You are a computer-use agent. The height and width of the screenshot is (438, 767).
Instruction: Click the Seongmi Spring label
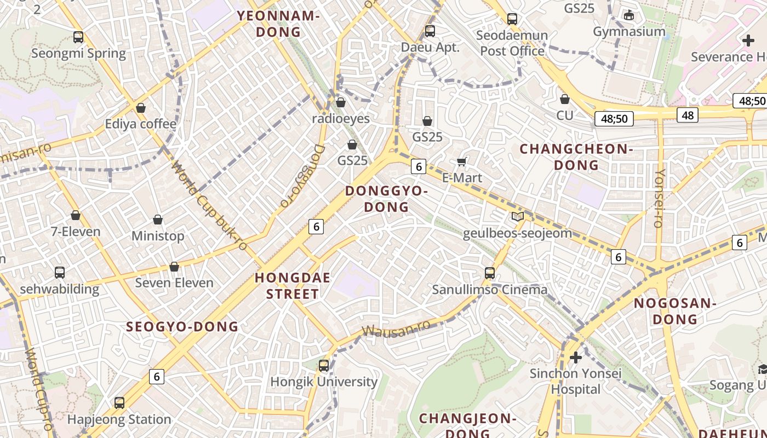[x=78, y=54]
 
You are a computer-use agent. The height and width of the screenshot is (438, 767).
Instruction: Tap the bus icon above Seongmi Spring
[x=78, y=37]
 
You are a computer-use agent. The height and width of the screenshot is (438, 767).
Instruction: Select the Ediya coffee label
[x=141, y=124]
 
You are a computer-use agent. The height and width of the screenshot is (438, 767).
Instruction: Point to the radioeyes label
[x=341, y=119]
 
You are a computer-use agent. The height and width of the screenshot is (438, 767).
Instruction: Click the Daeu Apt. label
[x=430, y=47]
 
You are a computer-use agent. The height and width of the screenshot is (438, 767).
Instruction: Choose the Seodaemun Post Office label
[x=512, y=43]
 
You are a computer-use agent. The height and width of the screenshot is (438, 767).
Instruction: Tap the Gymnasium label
[x=629, y=31]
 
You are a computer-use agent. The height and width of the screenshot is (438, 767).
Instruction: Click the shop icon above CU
[x=565, y=99]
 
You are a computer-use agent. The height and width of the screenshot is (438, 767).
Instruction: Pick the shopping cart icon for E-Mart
[x=462, y=162]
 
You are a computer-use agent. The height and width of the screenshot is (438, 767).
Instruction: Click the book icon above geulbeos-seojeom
[x=517, y=217]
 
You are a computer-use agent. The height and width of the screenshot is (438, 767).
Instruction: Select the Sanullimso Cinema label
[x=490, y=290]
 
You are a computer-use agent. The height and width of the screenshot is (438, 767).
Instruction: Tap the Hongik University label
[x=324, y=382]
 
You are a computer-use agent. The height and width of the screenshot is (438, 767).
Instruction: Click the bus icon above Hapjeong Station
[x=119, y=403]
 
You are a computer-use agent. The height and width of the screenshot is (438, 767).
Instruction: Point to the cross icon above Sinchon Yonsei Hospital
[x=575, y=358]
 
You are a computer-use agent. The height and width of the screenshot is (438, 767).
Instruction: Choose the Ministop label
[x=158, y=236]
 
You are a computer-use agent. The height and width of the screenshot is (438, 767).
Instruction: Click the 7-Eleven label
[x=76, y=232]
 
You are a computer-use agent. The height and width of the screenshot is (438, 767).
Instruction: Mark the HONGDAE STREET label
[x=293, y=286]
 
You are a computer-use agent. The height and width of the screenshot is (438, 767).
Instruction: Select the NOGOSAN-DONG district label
[x=675, y=311]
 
